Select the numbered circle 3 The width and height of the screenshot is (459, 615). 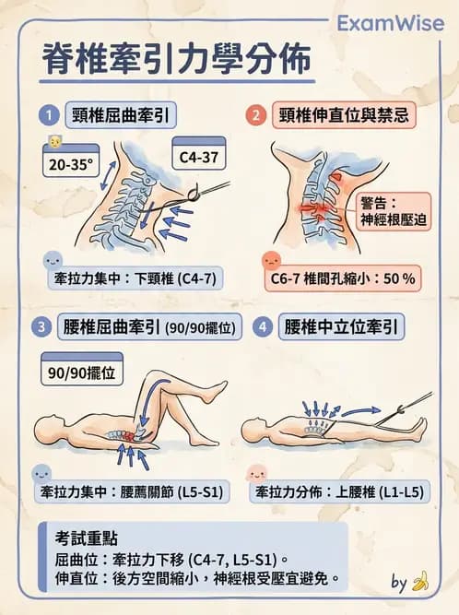click(43, 328)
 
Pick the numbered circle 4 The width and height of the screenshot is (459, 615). click(263, 328)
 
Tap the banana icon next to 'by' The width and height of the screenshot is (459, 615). click(420, 582)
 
